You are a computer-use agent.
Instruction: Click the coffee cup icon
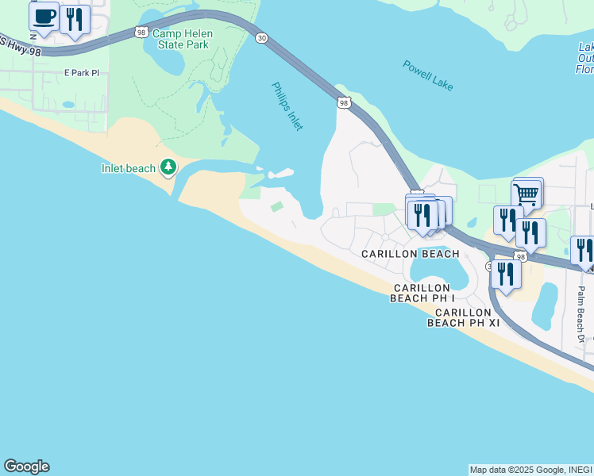click(44, 17)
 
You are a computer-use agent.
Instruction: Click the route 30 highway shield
click(260, 38)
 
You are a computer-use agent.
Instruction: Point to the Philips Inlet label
click(287, 106)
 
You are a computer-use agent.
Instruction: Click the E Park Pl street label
click(82, 73)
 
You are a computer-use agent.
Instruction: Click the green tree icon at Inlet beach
click(168, 167)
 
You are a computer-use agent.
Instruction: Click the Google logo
click(26, 466)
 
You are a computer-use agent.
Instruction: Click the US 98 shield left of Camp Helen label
click(141, 32)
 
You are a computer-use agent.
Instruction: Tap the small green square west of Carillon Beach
click(276, 207)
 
